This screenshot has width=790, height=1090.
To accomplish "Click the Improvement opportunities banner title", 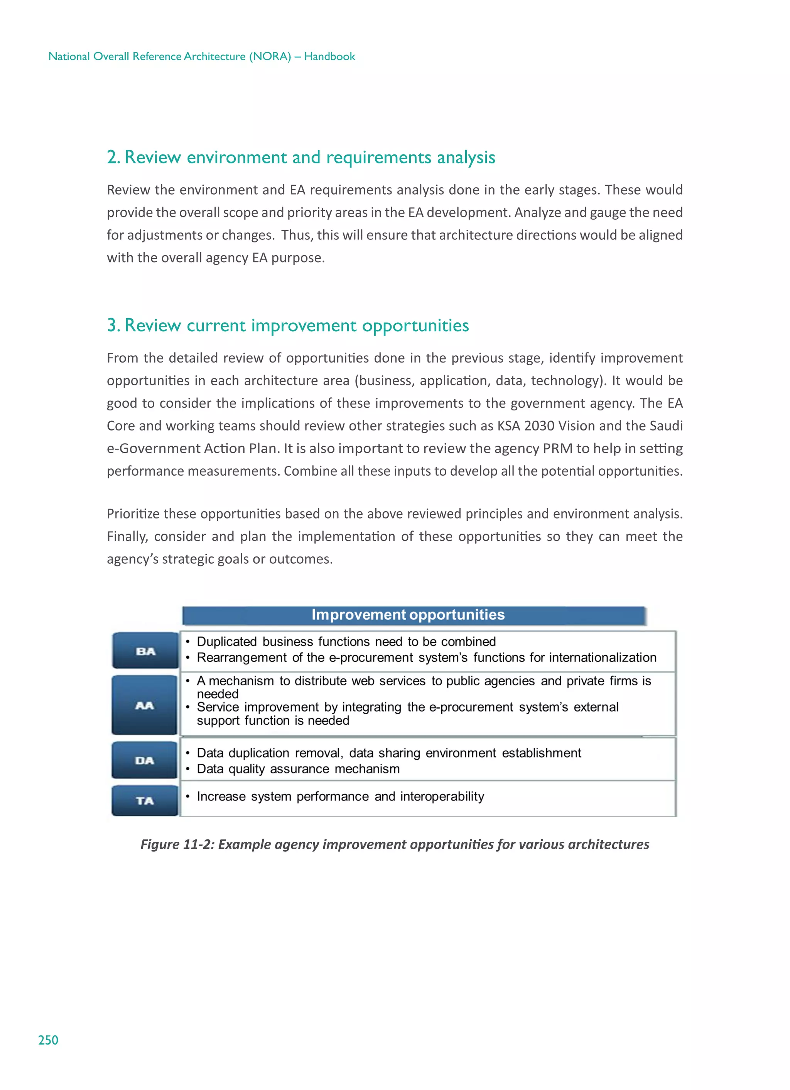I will (x=408, y=615).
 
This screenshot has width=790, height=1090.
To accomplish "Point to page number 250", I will (x=48, y=1041).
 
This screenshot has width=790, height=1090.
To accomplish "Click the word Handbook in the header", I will (x=329, y=57).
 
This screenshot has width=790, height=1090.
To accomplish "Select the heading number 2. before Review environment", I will (x=113, y=157).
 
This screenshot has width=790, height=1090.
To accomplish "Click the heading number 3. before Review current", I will (x=113, y=325).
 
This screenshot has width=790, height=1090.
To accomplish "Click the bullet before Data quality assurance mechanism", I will (x=188, y=769).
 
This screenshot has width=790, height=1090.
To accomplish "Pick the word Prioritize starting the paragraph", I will (x=133, y=514).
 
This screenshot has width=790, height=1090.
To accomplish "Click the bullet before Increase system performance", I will (x=188, y=796).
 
